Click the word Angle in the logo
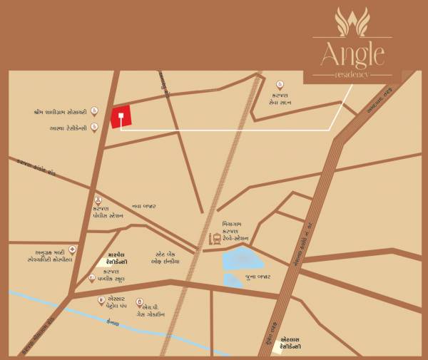coord(352,53)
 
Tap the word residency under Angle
coord(352,74)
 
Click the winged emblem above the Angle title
coord(352,21)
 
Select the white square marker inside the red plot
coord(121,115)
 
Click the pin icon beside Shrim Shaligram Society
coord(94,112)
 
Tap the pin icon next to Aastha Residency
coord(94,128)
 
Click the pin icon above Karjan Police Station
coord(98,200)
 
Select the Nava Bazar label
coord(143,206)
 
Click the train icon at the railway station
coord(213,240)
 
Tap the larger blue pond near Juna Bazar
coord(239,259)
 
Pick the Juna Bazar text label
coord(258,276)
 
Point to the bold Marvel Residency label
coord(111,257)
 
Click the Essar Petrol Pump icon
coord(103,300)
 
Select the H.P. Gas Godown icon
coord(139,300)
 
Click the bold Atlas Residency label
coord(290,343)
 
